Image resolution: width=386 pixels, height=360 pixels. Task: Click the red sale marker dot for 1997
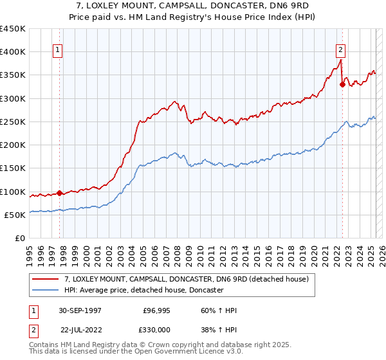60,193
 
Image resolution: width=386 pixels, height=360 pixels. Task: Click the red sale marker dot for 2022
342,84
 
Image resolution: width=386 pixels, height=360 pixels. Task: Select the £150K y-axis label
13,168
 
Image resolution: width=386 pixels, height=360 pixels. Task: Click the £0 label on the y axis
19,239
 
